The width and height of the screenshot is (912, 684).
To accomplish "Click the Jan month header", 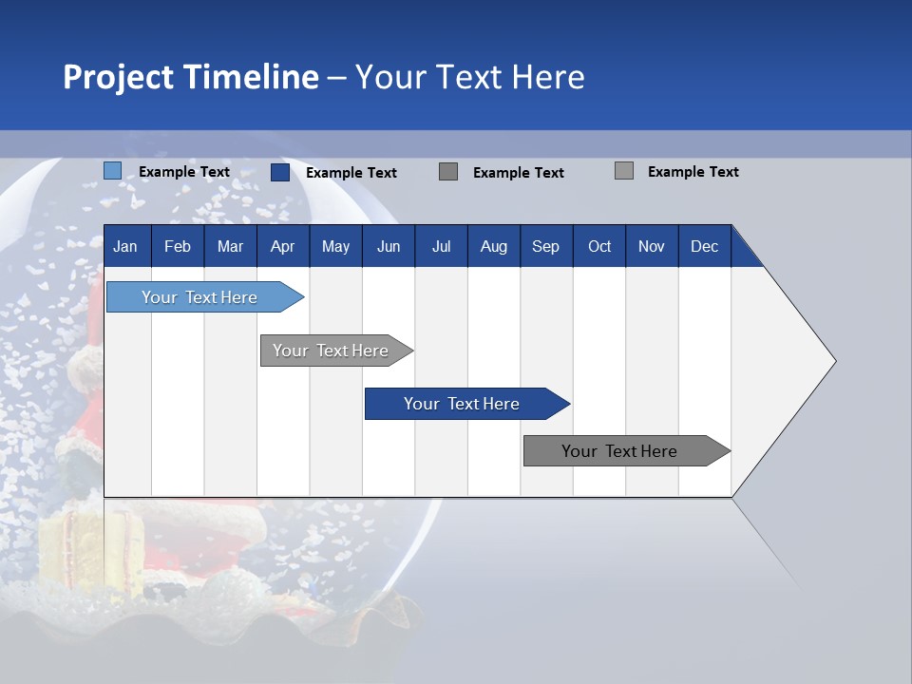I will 126,246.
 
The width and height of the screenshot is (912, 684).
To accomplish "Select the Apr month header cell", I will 283,246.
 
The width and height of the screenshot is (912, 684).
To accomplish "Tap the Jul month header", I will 441,246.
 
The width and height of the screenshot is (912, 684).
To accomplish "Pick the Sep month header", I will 546,246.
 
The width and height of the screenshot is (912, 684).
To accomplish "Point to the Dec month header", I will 704,246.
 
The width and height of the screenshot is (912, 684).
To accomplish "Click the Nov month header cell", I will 652,246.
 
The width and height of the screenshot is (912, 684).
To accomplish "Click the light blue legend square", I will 112,171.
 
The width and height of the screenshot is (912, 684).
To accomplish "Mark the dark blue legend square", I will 279,172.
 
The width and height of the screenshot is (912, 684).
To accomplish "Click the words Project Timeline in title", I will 190,77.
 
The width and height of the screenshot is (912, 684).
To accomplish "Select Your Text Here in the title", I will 469,77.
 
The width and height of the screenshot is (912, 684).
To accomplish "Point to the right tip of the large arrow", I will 833,361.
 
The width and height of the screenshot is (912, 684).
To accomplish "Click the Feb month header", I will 178,246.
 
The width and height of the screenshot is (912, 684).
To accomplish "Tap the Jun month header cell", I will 389,246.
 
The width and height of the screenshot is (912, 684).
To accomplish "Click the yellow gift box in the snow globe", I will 76,541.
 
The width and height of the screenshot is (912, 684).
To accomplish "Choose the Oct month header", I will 599,246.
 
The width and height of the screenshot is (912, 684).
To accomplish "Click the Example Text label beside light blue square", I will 184,172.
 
